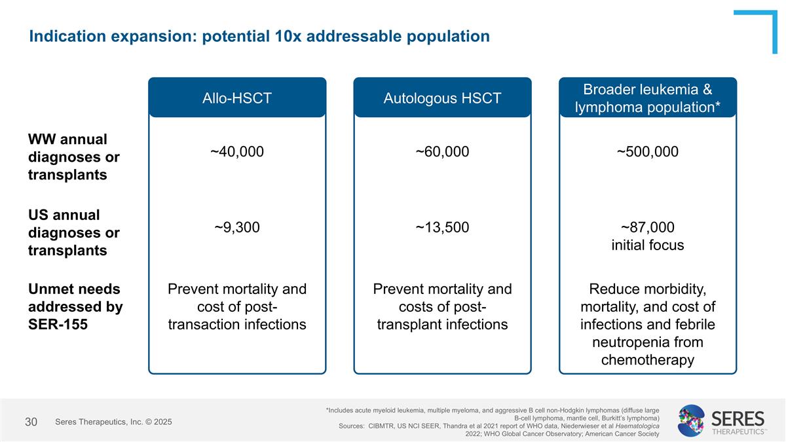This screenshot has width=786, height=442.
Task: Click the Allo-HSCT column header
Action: tap(237, 98)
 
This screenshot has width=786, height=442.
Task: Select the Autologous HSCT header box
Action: tap(442, 98)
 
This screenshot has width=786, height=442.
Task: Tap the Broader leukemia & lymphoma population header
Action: tap(648, 98)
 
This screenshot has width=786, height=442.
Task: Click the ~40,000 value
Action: tap(237, 152)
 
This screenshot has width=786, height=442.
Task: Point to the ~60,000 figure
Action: tap(442, 152)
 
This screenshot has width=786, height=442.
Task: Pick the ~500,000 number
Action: tap(648, 152)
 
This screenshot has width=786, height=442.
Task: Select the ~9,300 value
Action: tap(237, 227)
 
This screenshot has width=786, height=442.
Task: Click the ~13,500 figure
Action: tap(442, 227)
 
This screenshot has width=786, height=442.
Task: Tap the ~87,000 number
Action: tap(648, 227)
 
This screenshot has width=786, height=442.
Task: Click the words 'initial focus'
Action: tap(648, 246)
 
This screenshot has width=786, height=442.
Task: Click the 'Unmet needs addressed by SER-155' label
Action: tap(75, 306)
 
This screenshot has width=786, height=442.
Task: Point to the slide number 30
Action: tap(31, 422)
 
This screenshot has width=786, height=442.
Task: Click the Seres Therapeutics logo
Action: tap(721, 420)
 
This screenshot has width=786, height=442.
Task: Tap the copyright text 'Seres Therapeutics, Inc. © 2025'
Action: tap(113, 422)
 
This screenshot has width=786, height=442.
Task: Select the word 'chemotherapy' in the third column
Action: tap(648, 360)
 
